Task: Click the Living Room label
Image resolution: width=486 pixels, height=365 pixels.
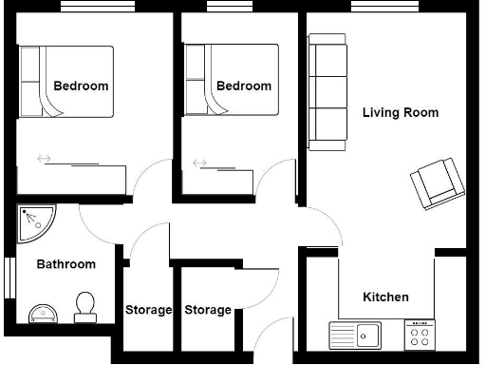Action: (x=401, y=112)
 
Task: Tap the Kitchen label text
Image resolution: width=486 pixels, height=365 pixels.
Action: (x=386, y=297)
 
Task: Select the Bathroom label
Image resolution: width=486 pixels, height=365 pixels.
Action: (x=66, y=264)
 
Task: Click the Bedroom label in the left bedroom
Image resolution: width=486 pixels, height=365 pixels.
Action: (x=81, y=86)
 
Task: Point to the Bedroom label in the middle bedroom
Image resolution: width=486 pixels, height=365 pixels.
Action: (x=244, y=86)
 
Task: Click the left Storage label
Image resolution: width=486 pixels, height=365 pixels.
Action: (x=149, y=310)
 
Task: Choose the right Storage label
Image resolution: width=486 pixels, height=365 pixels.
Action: (x=208, y=310)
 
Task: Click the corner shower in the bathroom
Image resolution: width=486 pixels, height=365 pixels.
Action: (x=35, y=224)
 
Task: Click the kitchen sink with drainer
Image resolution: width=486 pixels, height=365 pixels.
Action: (x=355, y=335)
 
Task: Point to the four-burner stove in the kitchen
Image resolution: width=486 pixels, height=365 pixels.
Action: (x=419, y=335)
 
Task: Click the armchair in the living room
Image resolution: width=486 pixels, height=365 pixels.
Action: (x=435, y=182)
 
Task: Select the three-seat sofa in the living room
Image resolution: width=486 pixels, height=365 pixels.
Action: (x=327, y=92)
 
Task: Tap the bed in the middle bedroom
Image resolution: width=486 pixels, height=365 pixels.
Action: (x=232, y=82)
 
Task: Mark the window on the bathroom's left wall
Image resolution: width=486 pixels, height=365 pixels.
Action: (x=8, y=277)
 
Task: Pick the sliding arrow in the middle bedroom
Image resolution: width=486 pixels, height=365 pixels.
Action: (x=199, y=163)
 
